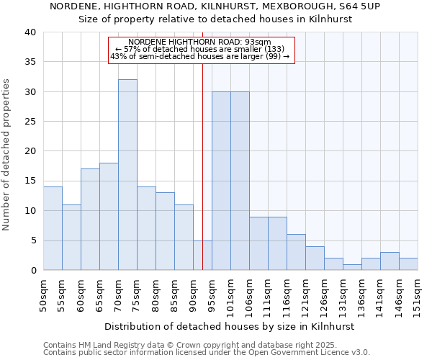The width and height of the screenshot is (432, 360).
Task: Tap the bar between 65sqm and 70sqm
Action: pos(109,217)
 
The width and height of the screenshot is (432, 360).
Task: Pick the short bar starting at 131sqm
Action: pos(352,267)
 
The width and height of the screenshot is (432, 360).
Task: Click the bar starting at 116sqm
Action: pos(296,252)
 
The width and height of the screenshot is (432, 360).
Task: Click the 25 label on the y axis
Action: pos(30,122)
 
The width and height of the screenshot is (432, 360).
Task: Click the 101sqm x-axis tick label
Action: pos(231,295)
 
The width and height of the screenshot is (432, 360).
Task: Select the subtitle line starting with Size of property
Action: pos(215,19)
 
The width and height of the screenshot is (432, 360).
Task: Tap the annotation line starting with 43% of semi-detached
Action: pos(199,56)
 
